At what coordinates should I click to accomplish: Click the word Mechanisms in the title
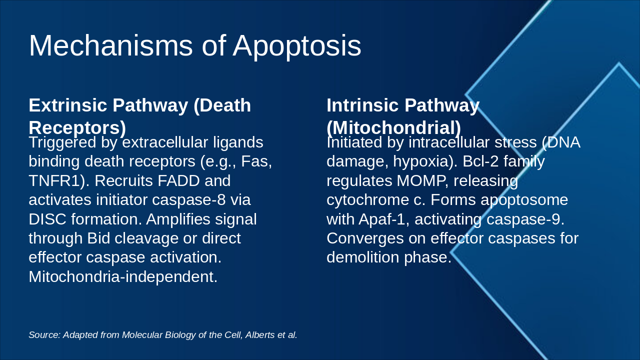111,45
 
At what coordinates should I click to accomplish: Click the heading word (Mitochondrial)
393,127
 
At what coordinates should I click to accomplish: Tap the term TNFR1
57,180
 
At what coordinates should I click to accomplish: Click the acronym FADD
178,180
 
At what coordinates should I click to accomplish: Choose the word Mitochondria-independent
123,277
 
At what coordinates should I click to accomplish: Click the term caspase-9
525,219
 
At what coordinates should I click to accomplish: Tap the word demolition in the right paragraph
363,257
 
